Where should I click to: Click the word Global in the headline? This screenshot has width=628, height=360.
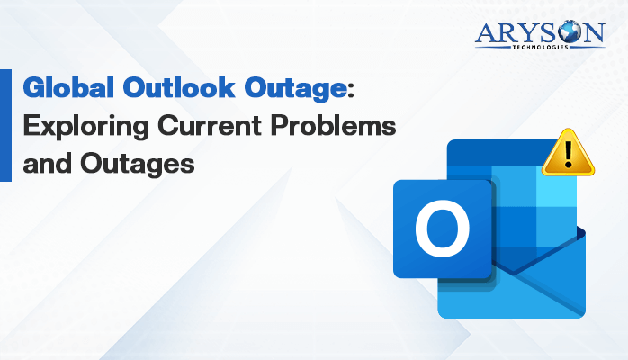click(68, 87)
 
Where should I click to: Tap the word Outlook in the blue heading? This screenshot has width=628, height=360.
click(179, 87)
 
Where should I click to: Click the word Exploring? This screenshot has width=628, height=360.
click(86, 127)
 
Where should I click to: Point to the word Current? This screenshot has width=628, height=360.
click(210, 125)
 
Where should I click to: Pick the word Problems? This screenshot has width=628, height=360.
click(333, 125)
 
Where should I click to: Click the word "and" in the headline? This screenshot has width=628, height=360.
click(48, 163)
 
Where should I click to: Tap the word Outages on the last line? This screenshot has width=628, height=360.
click(138, 165)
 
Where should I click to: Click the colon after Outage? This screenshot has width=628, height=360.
click(351, 91)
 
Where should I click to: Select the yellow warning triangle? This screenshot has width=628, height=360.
click(568, 153)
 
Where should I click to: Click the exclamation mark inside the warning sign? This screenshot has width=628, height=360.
click(568, 155)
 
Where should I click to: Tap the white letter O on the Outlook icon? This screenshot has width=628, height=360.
click(442, 229)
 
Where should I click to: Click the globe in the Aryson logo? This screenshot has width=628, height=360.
click(570, 31)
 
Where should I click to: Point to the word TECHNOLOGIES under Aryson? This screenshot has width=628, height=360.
click(541, 48)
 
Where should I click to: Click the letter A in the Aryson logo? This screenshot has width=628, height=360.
click(486, 32)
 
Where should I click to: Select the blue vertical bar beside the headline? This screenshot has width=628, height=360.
click(5, 125)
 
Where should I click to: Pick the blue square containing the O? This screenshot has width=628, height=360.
click(442, 229)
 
